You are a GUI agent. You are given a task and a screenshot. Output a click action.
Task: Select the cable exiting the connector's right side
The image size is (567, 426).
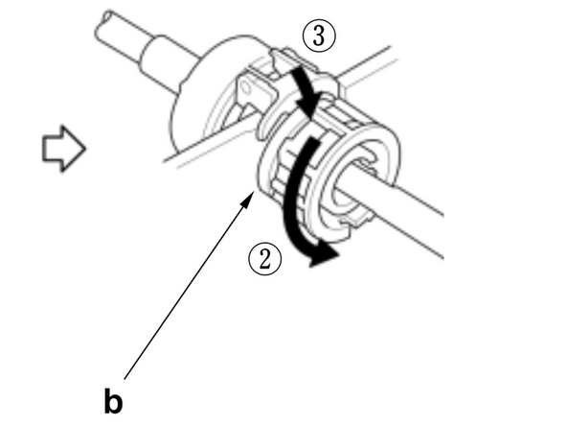click(x=412, y=220)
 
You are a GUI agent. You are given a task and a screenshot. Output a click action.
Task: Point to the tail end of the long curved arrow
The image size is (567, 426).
click(x=311, y=144)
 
